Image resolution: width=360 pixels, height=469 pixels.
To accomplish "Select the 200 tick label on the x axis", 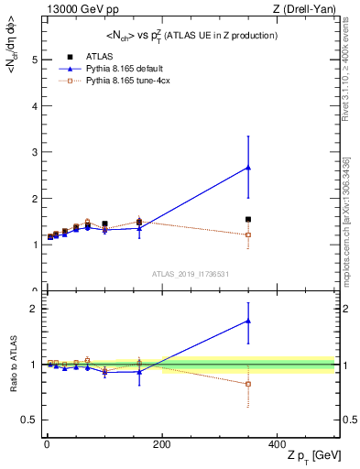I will coord(161,443).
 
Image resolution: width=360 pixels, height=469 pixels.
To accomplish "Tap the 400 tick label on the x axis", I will coord(277,443).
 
